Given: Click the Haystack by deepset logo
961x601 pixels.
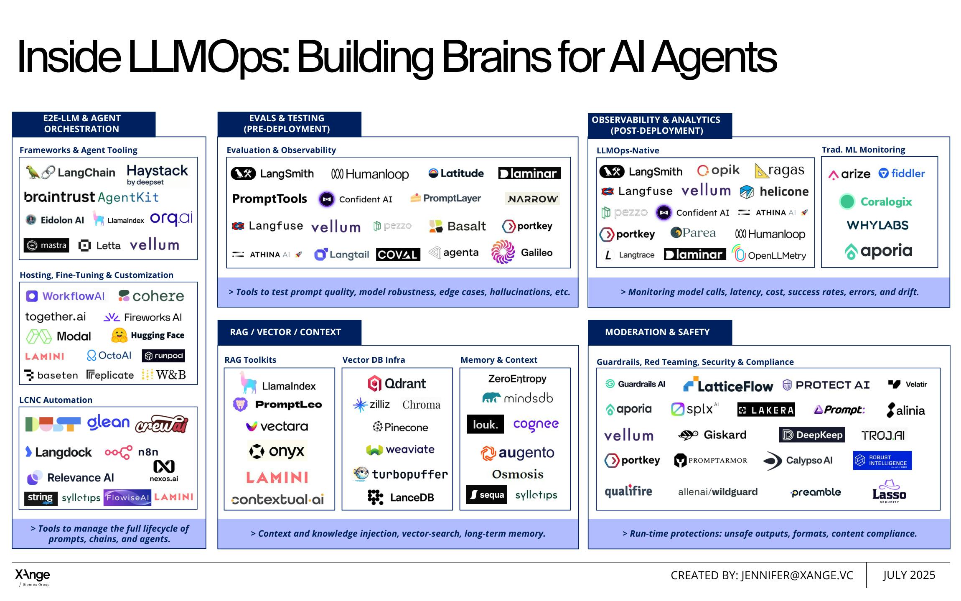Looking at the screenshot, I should pyautogui.click(x=157, y=174).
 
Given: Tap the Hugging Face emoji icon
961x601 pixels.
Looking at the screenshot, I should pyautogui.click(x=119, y=335).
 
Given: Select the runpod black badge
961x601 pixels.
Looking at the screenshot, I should pyautogui.click(x=163, y=356).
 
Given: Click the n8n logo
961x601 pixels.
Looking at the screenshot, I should pyautogui.click(x=131, y=452).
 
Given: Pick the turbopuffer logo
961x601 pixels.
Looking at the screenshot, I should pyautogui.click(x=400, y=474).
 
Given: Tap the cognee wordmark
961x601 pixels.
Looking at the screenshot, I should pyautogui.click(x=536, y=424).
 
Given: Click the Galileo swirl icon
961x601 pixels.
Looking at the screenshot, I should pyautogui.click(x=503, y=252).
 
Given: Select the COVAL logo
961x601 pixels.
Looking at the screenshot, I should pyautogui.click(x=398, y=254).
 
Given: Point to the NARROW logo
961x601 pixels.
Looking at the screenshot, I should pyautogui.click(x=532, y=199).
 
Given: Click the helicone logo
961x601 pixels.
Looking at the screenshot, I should pyautogui.click(x=774, y=191).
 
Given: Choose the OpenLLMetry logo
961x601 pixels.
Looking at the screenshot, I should pyautogui.click(x=769, y=255).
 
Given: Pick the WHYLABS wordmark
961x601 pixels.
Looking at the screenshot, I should pyautogui.click(x=877, y=225).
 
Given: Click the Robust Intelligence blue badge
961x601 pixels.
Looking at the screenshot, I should pyautogui.click(x=882, y=460).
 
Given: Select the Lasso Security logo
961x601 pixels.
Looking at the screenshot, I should pyautogui.click(x=889, y=491).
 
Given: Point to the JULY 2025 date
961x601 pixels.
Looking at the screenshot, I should pyautogui.click(x=909, y=575).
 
